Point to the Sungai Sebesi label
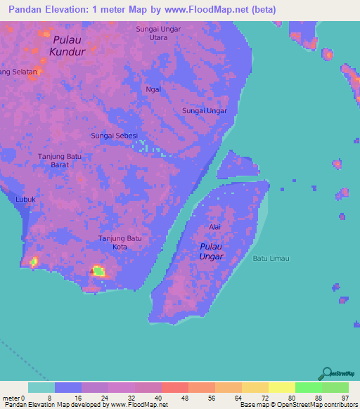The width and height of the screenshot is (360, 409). click(x=114, y=135)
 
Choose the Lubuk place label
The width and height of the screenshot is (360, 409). click(x=25, y=200)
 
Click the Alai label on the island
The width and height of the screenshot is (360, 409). click(x=215, y=227)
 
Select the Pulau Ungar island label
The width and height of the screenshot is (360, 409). click(x=211, y=251)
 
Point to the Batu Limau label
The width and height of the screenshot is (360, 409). click(x=271, y=259)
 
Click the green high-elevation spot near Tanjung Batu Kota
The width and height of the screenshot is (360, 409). click(x=98, y=271)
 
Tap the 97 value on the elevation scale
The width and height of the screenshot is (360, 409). click(x=345, y=398)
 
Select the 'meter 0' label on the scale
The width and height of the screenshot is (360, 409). click(x=14, y=398)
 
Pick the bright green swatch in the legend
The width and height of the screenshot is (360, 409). click(x=308, y=387)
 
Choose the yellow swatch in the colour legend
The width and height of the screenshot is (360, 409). click(x=282, y=387)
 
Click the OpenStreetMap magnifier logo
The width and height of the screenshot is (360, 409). click(x=326, y=373)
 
